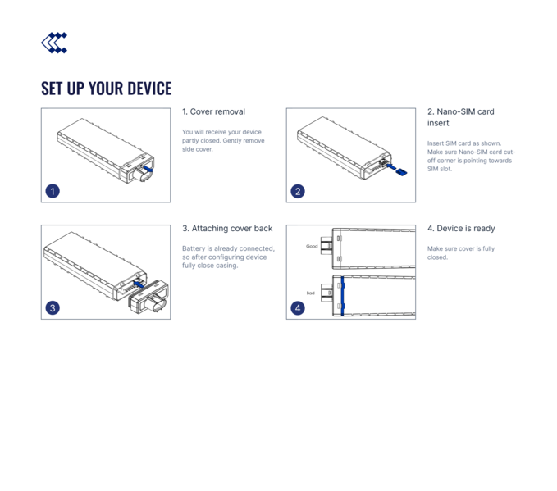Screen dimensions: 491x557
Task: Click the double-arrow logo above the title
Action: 54,43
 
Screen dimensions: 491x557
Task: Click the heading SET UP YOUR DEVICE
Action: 106,89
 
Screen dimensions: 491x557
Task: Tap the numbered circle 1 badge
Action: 53,191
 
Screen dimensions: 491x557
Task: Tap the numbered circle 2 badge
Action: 298,191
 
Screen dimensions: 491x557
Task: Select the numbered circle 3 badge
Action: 53,308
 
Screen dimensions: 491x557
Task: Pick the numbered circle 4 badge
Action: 298,308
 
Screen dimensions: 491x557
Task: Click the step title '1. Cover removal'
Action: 213,111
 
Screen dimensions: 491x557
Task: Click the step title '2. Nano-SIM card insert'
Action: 460,116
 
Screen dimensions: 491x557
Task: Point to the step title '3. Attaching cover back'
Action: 226,229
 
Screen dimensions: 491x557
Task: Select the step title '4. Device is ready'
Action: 461,229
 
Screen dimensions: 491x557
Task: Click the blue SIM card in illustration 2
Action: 399,170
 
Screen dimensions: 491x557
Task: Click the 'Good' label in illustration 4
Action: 312,246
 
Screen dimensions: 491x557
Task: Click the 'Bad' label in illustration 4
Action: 310,293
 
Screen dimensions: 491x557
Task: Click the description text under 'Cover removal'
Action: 222,140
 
